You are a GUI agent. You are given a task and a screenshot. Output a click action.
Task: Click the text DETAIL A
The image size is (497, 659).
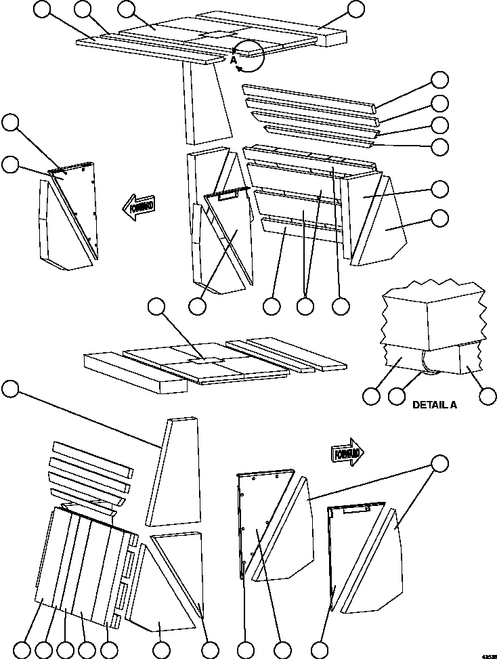pyautogui.click(x=435, y=405)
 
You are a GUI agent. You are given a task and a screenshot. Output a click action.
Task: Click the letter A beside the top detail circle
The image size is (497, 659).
pyautogui.click(x=234, y=60)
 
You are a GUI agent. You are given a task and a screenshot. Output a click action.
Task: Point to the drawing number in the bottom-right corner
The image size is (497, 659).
pyautogui.click(x=487, y=655)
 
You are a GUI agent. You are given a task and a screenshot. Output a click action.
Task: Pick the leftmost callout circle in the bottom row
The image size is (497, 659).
pyautogui.click(x=22, y=650)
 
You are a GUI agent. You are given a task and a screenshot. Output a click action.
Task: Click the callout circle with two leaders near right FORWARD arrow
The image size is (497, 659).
pyautogui.click(x=441, y=464)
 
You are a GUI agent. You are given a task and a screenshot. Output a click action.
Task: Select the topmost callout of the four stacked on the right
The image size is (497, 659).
pyautogui.click(x=441, y=79)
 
